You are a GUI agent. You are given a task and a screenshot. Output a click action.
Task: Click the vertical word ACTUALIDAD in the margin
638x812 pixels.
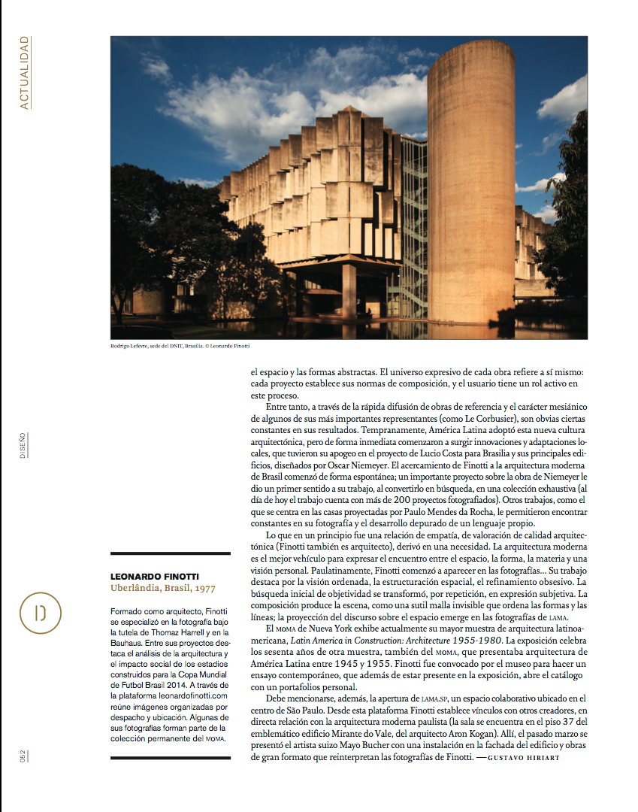click(25, 73)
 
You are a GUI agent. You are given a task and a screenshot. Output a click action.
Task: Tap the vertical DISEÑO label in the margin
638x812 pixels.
click(23, 445)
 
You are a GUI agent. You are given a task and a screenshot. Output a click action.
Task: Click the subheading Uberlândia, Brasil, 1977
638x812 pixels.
click(162, 589)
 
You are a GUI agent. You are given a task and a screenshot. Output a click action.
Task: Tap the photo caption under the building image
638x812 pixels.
click(180, 346)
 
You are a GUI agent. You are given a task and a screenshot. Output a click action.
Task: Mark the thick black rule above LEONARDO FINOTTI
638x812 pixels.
click(170, 553)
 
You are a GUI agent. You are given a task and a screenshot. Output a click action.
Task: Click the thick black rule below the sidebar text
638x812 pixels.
click(170, 758)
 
